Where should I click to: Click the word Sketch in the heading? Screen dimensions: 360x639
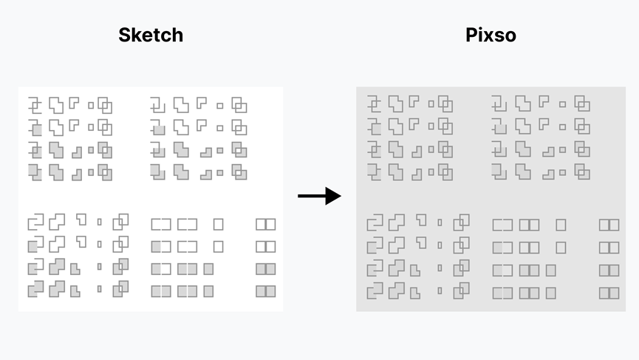click(151, 35)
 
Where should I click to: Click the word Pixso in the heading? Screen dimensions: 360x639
click(491, 35)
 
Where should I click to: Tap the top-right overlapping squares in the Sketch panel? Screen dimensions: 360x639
click(105, 105)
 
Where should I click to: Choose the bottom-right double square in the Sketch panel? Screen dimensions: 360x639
click(265, 291)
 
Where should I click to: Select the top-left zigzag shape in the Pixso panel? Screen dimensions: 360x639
click(375, 103)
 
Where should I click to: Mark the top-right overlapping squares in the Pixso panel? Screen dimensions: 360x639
click(445, 104)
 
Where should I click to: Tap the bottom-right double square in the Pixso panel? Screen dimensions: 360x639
click(609, 293)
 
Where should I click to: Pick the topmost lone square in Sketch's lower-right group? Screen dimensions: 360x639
click(218, 224)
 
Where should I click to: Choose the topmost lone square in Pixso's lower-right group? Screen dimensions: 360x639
click(561, 225)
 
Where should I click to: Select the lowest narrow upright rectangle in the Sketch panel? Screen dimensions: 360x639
click(100, 289)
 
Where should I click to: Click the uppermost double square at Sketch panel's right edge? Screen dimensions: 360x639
click(265, 224)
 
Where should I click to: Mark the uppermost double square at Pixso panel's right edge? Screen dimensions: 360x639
click(609, 225)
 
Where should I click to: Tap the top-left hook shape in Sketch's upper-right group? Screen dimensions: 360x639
click(157, 104)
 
